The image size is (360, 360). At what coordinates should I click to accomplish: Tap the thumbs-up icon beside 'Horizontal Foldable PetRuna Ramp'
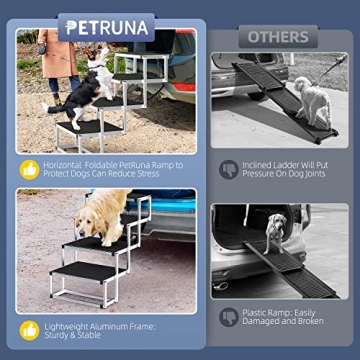(x=31, y=168)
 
